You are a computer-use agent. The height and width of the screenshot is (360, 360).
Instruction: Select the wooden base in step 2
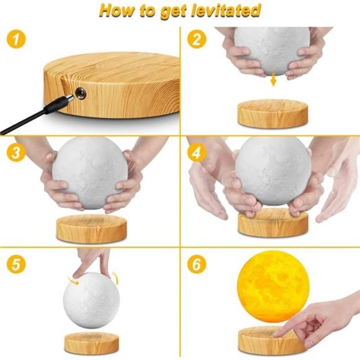click(x=272, y=113)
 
